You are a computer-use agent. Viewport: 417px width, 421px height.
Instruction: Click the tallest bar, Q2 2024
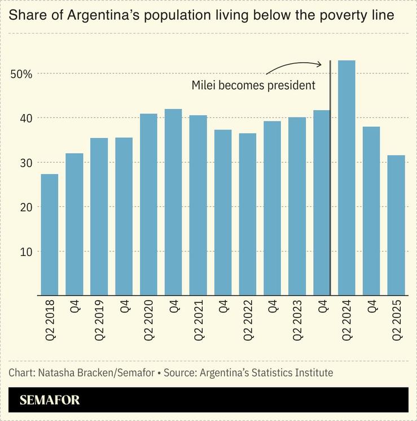pyautogui.click(x=346, y=177)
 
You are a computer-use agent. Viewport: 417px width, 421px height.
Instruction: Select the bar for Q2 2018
pyautogui.click(x=50, y=235)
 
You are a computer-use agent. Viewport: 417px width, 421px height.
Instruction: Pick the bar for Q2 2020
pyautogui.click(x=148, y=204)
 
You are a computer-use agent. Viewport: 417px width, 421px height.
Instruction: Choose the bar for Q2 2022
pyautogui.click(x=248, y=214)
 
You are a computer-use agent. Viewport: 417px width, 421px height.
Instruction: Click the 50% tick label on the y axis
pyautogui.click(x=20, y=74)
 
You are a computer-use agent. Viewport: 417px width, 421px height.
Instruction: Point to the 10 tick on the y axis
pyautogui.click(x=27, y=251)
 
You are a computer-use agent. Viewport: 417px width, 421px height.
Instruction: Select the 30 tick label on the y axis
pyautogui.click(x=27, y=163)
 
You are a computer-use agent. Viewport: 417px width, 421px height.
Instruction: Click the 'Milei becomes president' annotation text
pyautogui.click(x=253, y=86)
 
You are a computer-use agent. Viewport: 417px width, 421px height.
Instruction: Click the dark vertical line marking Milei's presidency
pyautogui.click(x=330, y=181)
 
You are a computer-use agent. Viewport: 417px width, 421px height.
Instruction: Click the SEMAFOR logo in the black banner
pyautogui.click(x=50, y=400)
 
